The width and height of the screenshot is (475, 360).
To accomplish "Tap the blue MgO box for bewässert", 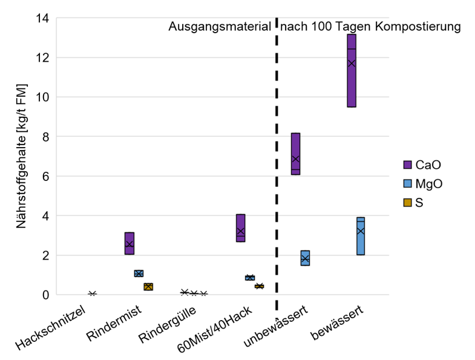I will coord(361,236).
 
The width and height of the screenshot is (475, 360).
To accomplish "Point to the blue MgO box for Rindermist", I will coord(139,273).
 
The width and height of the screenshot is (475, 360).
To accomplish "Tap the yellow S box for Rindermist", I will coord(148,287).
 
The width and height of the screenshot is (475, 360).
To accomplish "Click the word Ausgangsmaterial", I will coord(219,27).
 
